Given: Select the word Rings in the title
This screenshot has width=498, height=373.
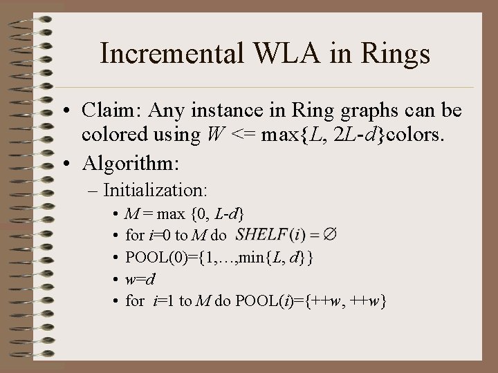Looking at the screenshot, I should pyautogui.click(x=396, y=54).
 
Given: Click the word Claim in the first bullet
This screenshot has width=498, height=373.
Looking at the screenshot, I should pyautogui.click(x=105, y=111).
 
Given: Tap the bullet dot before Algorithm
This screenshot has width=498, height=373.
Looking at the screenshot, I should pyautogui.click(x=63, y=164).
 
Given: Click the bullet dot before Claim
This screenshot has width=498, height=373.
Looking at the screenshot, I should pyautogui.click(x=63, y=111).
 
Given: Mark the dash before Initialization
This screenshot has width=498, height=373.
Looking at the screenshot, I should pyautogui.click(x=93, y=189).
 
